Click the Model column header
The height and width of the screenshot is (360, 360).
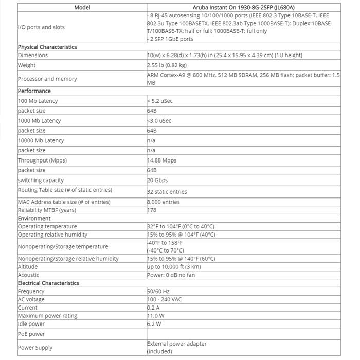coord(82,7)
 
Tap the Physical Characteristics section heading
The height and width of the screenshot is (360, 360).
coord(47,47)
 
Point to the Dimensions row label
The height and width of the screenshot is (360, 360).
coord(33,55)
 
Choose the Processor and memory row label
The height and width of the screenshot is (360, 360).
coord(47,79)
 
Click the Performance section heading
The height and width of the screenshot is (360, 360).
coord(34,91)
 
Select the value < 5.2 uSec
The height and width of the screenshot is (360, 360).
coord(160,101)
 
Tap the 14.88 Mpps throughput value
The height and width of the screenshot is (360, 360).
coord(162,160)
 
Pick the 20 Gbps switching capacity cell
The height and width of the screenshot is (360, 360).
coord(157,180)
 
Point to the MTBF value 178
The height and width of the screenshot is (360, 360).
coord(152,210)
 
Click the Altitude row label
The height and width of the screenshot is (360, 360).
coord(28,267)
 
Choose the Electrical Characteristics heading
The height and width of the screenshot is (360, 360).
coord(48,283)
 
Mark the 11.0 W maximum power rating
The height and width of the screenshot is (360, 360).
coord(155,315)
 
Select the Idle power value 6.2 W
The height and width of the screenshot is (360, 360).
coord(154,324)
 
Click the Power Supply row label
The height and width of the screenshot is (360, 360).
coord(35,347)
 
